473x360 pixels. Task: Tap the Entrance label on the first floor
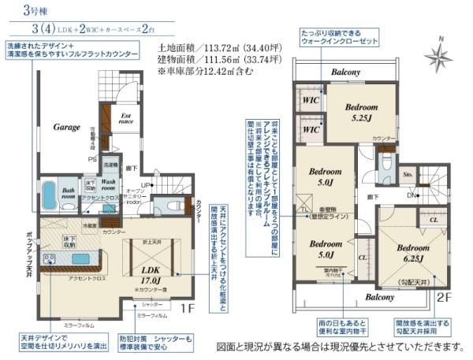point(126,120)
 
